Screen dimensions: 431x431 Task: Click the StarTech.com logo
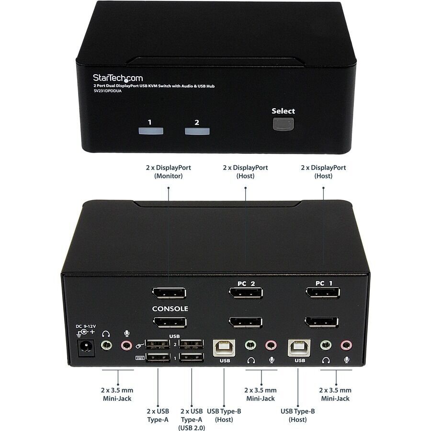[118, 78]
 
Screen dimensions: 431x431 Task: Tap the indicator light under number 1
[151, 131]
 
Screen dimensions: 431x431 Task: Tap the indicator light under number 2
[197, 131]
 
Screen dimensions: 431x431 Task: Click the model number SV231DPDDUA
[107, 91]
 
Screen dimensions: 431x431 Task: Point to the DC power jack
[86, 348]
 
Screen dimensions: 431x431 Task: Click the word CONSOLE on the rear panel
[170, 309]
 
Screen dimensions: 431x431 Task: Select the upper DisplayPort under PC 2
[246, 293]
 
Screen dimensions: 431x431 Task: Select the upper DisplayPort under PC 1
[323, 293]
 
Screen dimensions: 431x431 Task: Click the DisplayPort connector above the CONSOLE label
[169, 293]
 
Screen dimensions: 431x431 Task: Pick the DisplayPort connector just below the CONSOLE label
[170, 322]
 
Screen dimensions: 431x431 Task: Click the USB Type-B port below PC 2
[224, 348]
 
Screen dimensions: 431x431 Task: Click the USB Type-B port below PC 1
[299, 348]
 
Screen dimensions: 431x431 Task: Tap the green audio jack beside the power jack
[106, 345]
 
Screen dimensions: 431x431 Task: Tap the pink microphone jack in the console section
[126, 345]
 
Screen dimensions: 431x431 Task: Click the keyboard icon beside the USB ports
[140, 358]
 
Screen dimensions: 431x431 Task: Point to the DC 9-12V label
[86, 326]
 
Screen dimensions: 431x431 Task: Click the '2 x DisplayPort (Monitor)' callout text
[169, 172]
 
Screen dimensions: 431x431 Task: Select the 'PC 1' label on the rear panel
[324, 283]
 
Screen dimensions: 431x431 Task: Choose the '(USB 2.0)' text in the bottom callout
[192, 428]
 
